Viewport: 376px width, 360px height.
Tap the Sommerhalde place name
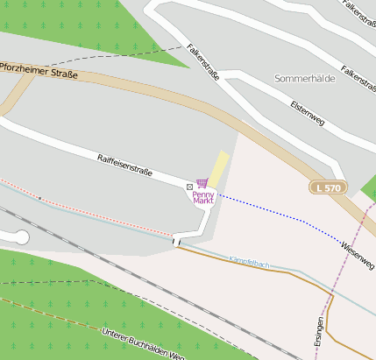coord(305,78)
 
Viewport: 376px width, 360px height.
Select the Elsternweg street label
coord(307,112)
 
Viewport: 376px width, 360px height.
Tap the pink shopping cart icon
coord(202,183)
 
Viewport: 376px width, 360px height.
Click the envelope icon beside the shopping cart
coord(190,187)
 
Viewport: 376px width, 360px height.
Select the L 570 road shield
coord(326,187)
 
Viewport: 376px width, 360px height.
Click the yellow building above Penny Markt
coord(218,167)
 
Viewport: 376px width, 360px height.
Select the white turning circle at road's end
coord(21,237)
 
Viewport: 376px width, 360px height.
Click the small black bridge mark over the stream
coord(175,241)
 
